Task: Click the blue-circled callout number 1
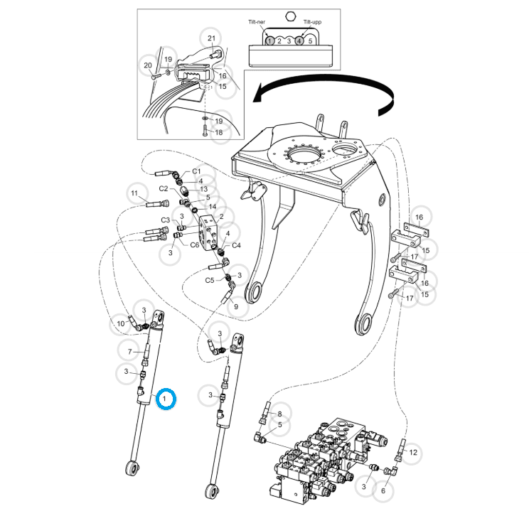166,400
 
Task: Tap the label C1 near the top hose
197,171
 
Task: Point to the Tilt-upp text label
312,23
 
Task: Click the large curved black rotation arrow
327,88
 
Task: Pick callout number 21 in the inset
211,38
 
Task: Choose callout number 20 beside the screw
148,66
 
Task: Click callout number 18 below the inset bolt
218,133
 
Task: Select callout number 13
203,189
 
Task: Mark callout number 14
212,206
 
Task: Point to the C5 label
210,281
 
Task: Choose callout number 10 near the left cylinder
121,324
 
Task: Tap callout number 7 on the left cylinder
129,352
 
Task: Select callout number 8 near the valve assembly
279,413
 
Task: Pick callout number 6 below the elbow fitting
383,490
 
